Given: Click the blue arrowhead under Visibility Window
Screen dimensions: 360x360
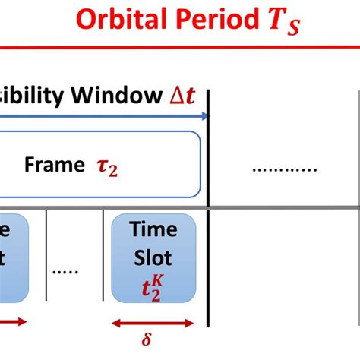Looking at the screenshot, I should [x=204, y=116].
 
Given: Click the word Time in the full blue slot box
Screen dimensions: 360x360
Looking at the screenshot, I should [x=153, y=229].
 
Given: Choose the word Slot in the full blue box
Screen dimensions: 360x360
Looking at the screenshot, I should [x=153, y=257].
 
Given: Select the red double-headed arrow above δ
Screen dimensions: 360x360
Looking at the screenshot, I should [x=153, y=323].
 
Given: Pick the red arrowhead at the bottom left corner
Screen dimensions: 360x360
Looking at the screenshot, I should [x=22, y=322].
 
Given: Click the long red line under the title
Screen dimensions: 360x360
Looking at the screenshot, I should [x=180, y=47].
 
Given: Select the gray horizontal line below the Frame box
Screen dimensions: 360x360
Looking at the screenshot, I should [x=180, y=207].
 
